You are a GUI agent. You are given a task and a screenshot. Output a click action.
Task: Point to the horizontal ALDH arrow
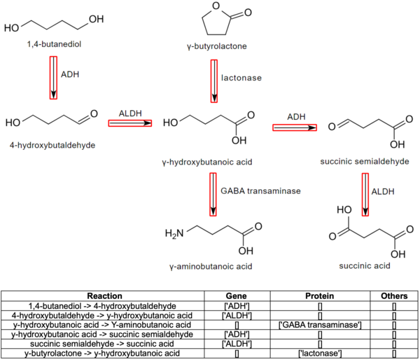point(130,123)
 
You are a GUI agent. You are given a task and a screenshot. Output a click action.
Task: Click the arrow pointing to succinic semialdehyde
point(294,127)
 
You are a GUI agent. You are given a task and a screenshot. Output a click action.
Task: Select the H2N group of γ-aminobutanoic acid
point(174,233)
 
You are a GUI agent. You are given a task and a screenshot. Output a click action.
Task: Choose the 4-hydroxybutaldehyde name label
point(52,145)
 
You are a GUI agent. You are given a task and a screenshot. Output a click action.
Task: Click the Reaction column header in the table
point(110,296)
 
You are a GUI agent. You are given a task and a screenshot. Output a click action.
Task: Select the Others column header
point(393,296)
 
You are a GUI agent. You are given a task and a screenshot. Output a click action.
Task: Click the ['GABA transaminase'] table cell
point(318,324)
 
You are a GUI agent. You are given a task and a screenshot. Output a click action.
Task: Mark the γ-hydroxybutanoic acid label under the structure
point(211,162)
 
